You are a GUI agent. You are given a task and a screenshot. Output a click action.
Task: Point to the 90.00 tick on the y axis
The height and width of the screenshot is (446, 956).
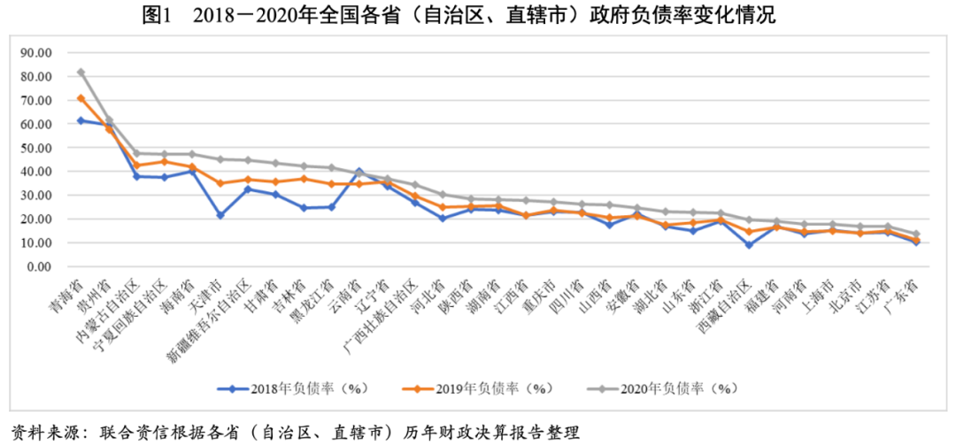pyautogui.click(x=37, y=53)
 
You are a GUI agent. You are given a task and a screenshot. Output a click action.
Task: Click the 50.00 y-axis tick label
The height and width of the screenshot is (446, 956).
pyautogui.click(x=37, y=148)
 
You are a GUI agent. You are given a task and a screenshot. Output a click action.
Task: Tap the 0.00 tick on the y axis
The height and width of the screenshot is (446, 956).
pyautogui.click(x=41, y=266)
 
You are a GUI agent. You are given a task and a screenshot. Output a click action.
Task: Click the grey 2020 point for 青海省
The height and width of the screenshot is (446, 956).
pyautogui.click(x=81, y=73)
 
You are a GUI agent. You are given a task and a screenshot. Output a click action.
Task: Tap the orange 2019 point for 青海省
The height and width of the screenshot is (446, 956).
pyautogui.click(x=81, y=98)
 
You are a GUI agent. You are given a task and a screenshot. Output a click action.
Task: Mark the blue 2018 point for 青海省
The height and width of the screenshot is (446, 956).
pyautogui.click(x=81, y=120)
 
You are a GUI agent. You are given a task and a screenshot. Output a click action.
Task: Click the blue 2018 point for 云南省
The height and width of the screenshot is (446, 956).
pyautogui.click(x=358, y=171)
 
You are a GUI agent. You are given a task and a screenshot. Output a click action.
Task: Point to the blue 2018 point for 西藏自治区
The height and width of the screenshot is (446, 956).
pyautogui.click(x=749, y=245)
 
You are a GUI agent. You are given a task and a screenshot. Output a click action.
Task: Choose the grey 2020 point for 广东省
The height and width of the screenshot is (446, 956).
pyautogui.click(x=916, y=235)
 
